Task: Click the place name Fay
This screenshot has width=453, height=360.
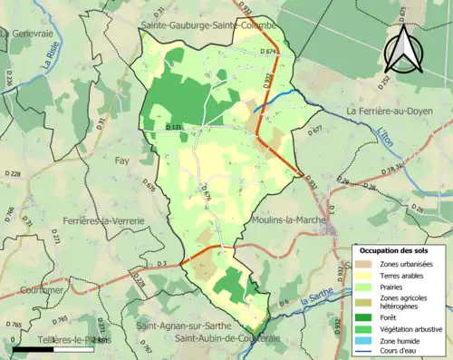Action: pyautogui.click(x=121, y=161)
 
